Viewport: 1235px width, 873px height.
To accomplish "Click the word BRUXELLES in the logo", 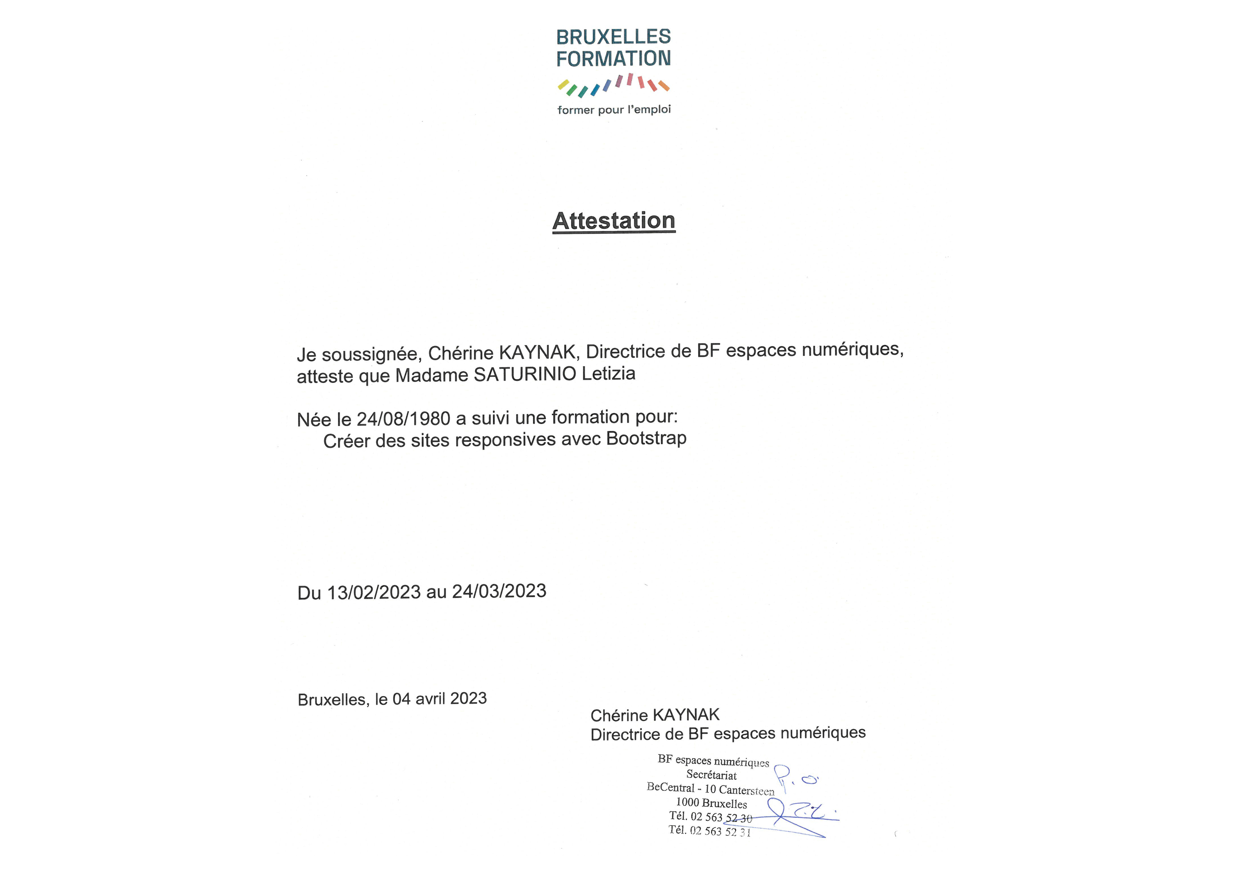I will pos(613,37).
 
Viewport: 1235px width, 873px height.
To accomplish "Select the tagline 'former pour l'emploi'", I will pos(614,110).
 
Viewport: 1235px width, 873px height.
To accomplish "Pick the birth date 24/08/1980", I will pos(403,419).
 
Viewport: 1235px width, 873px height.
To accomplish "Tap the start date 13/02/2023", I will pos(374,592).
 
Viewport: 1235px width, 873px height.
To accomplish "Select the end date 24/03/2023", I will pos(499,591).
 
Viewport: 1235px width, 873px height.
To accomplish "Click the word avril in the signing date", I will pos(430,699).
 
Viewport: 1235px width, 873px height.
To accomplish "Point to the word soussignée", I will pos(371,354).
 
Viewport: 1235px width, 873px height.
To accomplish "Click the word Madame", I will pos(432,375).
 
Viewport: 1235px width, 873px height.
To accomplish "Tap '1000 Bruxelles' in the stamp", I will pos(711,803).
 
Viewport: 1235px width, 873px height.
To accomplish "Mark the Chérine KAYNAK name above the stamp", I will pos(654,715).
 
